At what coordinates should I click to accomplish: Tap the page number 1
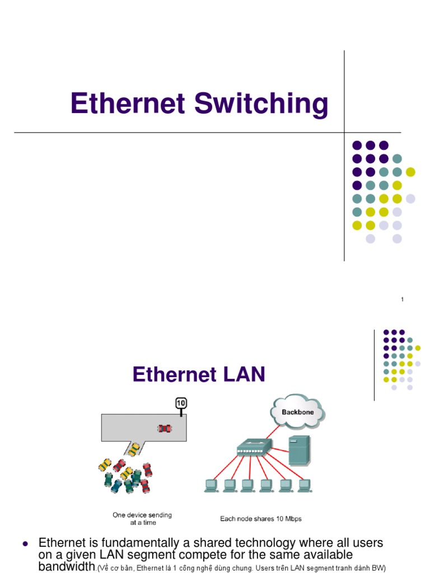pos(402,300)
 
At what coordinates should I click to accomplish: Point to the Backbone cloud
pos(297,413)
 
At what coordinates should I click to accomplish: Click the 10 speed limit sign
pos(181,403)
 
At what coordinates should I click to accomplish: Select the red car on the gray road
pos(164,428)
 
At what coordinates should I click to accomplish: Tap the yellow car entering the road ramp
pos(134,448)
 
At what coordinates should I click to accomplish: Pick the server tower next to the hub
pos(297,450)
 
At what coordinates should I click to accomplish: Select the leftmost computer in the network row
pos(212,485)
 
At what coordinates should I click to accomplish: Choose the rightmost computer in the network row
pos(304,485)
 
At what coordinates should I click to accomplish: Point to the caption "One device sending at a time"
pos(142,518)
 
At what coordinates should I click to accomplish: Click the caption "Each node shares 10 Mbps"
pos(260,519)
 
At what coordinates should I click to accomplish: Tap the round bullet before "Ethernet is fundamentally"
pos(25,543)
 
